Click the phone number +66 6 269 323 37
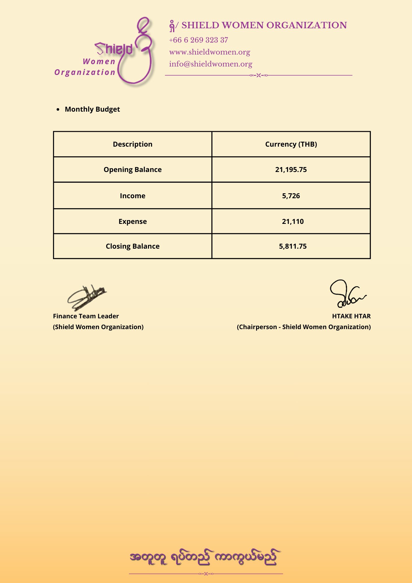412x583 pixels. coord(198,40)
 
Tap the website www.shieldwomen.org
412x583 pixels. coord(209,52)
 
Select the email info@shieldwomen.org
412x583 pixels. coord(211,64)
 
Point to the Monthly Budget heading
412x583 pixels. coord(92,109)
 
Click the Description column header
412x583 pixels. coord(133,144)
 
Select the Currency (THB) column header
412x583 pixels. coord(291,144)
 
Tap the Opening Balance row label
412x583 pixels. coord(133,170)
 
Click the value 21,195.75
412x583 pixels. coord(291,170)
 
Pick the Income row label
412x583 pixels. coord(133,196)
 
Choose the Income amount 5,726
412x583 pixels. coord(291,196)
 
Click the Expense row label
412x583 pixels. coord(133,222)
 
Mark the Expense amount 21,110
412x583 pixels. coord(293,222)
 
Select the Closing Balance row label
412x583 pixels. coord(133,246)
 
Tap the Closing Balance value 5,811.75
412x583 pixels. coord(293,246)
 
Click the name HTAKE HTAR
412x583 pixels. coord(351,316)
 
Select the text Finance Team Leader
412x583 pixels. coord(86,316)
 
